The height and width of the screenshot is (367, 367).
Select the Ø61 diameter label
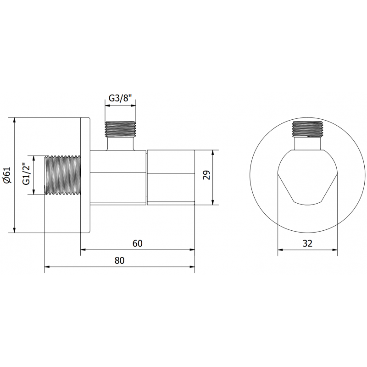click(x=6, y=175)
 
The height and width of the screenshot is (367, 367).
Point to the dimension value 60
click(x=137, y=244)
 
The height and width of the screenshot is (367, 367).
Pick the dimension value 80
click(x=119, y=260)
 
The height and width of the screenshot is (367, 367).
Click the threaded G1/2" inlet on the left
click(x=62, y=175)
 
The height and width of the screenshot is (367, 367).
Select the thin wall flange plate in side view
click(x=86, y=175)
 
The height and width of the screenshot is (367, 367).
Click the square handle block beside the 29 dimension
click(x=171, y=177)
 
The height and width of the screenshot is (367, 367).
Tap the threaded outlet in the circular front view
click(x=307, y=129)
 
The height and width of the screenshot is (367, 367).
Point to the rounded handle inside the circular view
click(x=307, y=177)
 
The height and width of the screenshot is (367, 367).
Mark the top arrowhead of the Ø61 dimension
click(x=16, y=121)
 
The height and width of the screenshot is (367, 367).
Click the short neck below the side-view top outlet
click(x=121, y=143)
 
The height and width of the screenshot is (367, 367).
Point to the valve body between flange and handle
click(x=118, y=177)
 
